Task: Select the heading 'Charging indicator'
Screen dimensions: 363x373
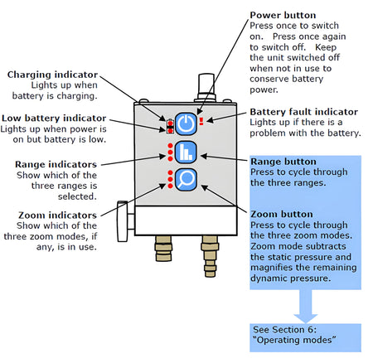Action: tap(49, 74)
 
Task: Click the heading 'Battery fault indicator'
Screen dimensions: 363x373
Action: tap(303, 111)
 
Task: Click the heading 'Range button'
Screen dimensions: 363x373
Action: tap(284, 162)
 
